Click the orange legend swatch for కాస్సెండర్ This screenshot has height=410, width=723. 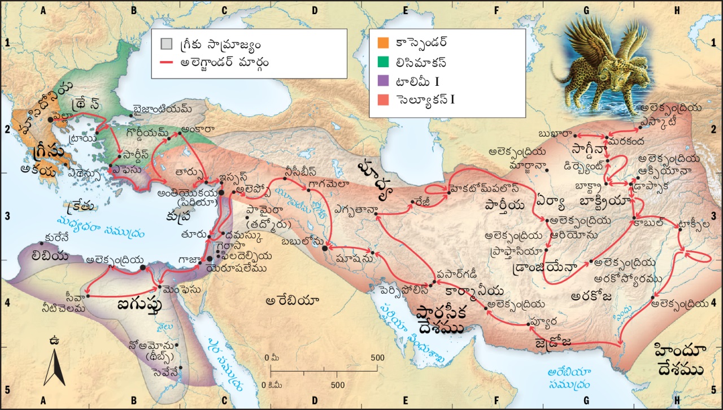click(x=382, y=42)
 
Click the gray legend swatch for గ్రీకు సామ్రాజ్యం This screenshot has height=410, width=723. click(x=166, y=43)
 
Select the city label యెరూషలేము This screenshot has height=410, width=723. click(x=236, y=268)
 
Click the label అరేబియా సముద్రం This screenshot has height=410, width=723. click(x=570, y=378)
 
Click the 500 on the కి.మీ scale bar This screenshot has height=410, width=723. click(x=338, y=385)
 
